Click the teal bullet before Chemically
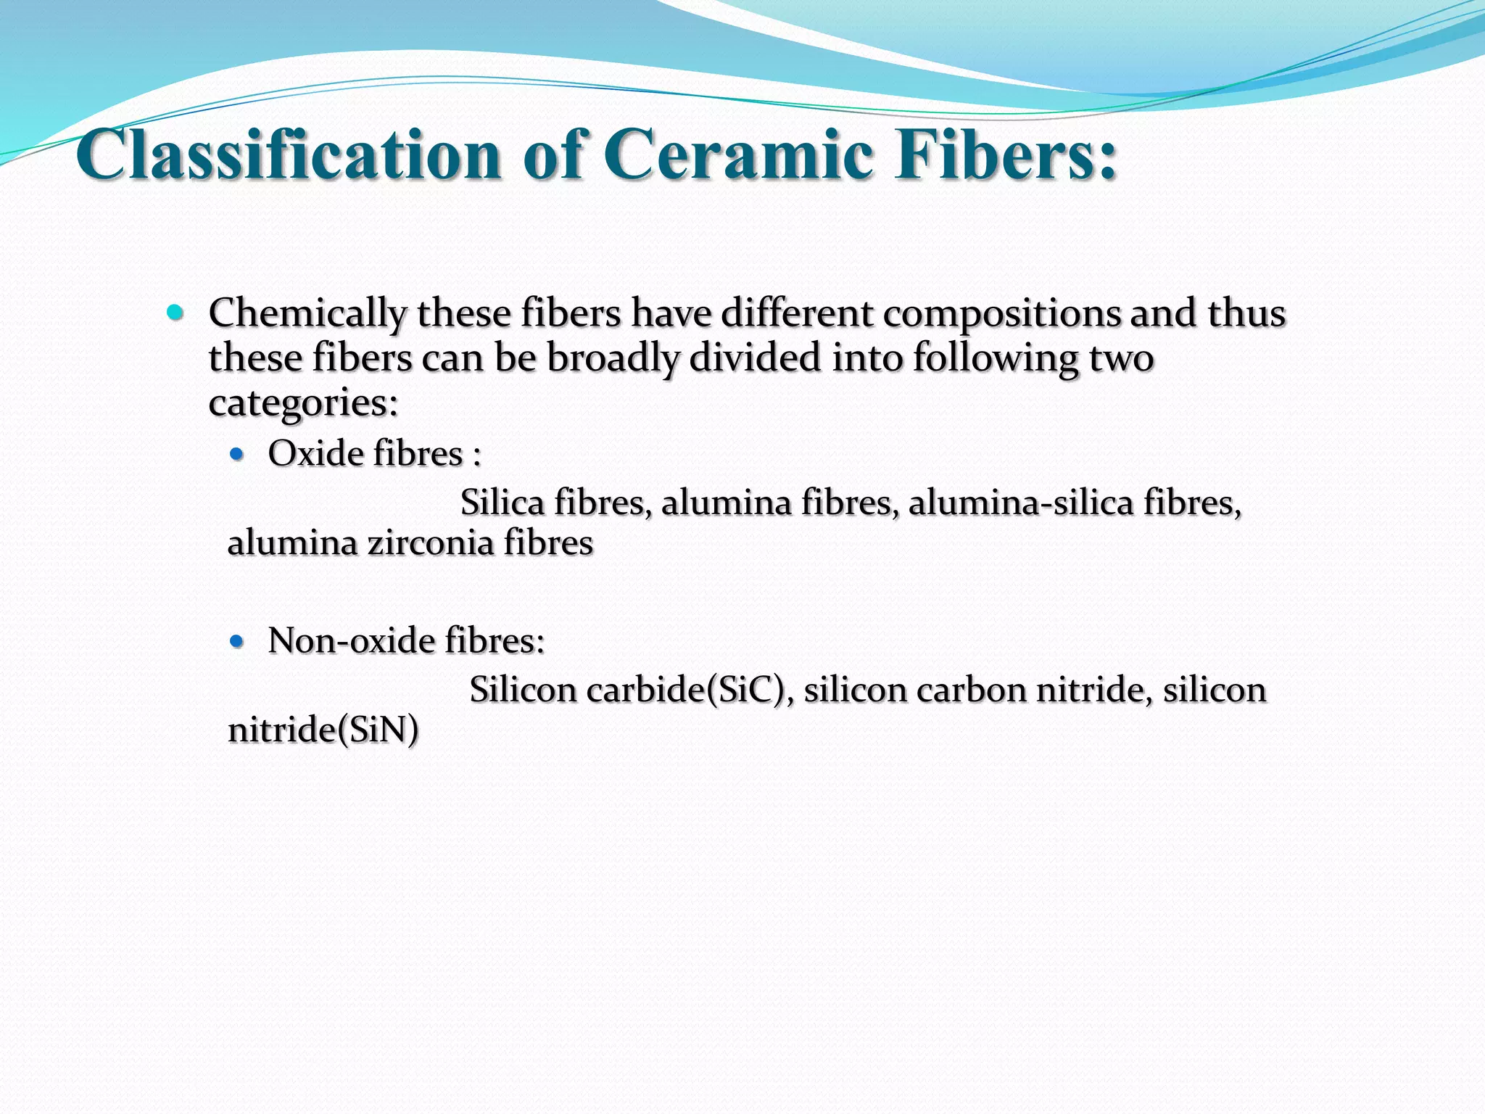(175, 313)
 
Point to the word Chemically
(307, 315)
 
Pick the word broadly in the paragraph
(612, 359)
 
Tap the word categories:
(303, 403)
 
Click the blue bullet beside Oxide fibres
(236, 455)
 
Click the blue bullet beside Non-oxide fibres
(236, 641)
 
